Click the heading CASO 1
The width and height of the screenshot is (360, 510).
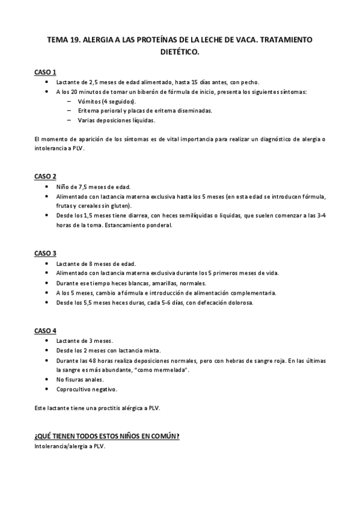[x=46, y=72]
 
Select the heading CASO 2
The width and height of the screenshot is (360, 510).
[x=46, y=176]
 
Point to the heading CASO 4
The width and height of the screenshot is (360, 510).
[x=46, y=330]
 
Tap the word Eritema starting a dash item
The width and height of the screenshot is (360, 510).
[x=89, y=111]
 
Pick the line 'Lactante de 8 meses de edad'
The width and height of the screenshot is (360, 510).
[x=96, y=263]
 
